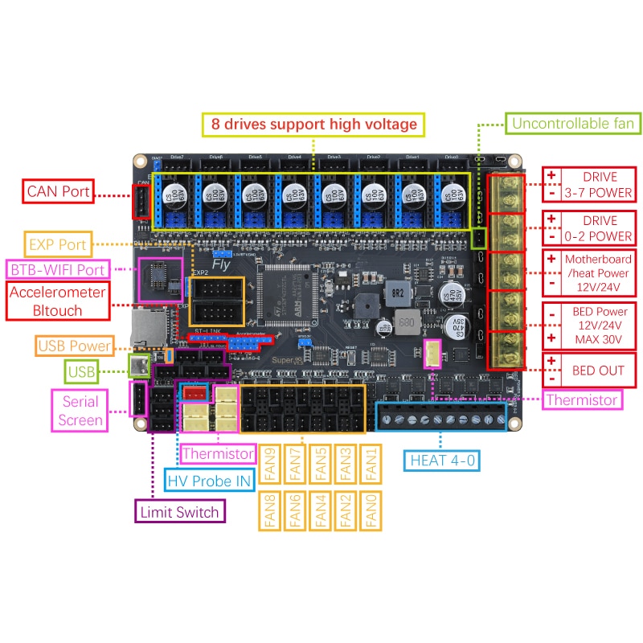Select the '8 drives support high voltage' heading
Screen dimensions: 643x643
[314, 125]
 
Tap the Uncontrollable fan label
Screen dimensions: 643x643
[573, 123]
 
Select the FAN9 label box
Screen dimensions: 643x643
[271, 465]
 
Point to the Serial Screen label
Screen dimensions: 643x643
[80, 410]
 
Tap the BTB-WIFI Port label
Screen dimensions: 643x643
[57, 268]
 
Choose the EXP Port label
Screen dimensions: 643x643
[57, 243]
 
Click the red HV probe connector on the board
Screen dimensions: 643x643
[195, 393]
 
